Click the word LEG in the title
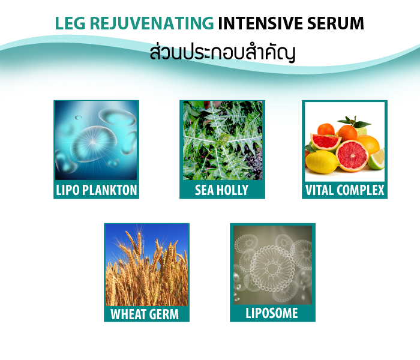[70, 23]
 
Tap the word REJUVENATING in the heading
[152, 23]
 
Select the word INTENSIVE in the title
[260, 23]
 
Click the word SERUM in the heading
[335, 23]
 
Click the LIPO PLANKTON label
[97, 190]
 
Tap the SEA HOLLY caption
[222, 190]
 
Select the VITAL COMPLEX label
[345, 190]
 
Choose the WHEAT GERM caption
[145, 314]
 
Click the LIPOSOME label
[272, 313]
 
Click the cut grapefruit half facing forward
[352, 156]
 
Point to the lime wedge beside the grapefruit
[377, 160]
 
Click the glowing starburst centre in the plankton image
[92, 142]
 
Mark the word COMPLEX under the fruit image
[361, 190]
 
